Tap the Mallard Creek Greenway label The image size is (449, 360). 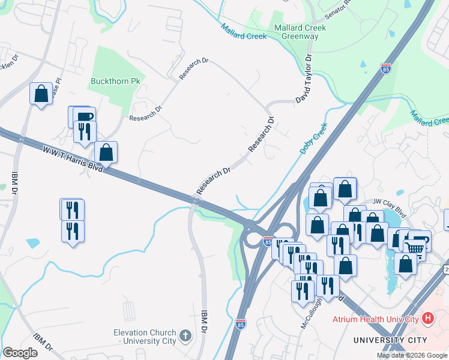[x=300, y=32]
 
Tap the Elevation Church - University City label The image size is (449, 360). [x=146, y=337]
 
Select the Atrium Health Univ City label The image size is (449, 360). [x=376, y=319]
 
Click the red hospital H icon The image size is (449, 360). [x=428, y=318]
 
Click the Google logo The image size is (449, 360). [x=20, y=353]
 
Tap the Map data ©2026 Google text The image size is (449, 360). [x=412, y=355]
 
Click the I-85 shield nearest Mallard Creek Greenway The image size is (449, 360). [x=385, y=68]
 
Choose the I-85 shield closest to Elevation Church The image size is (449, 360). [x=240, y=323]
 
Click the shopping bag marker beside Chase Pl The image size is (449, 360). [x=41, y=94]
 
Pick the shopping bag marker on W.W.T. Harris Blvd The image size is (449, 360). [x=106, y=152]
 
